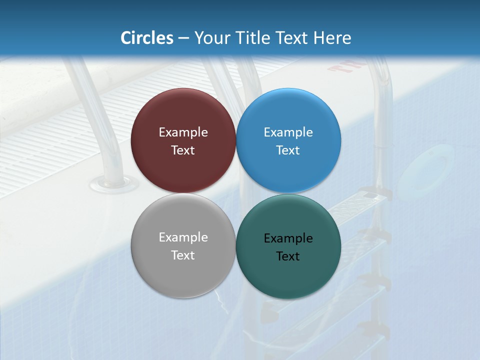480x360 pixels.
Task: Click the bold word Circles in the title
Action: pyautogui.click(x=146, y=38)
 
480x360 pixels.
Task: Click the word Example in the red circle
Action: pyautogui.click(x=183, y=132)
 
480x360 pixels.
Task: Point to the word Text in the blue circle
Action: pyautogui.click(x=288, y=150)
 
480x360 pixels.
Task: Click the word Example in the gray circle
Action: pyautogui.click(x=183, y=237)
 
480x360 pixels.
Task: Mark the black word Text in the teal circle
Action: pyautogui.click(x=288, y=256)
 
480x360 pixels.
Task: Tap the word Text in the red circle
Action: pyautogui.click(x=183, y=150)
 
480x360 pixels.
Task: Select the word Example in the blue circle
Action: pyautogui.click(x=288, y=132)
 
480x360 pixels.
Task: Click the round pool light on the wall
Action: pyautogui.click(x=424, y=169)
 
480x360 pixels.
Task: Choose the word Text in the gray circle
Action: pyautogui.click(x=183, y=255)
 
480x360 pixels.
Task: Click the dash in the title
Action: pyautogui.click(x=183, y=38)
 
